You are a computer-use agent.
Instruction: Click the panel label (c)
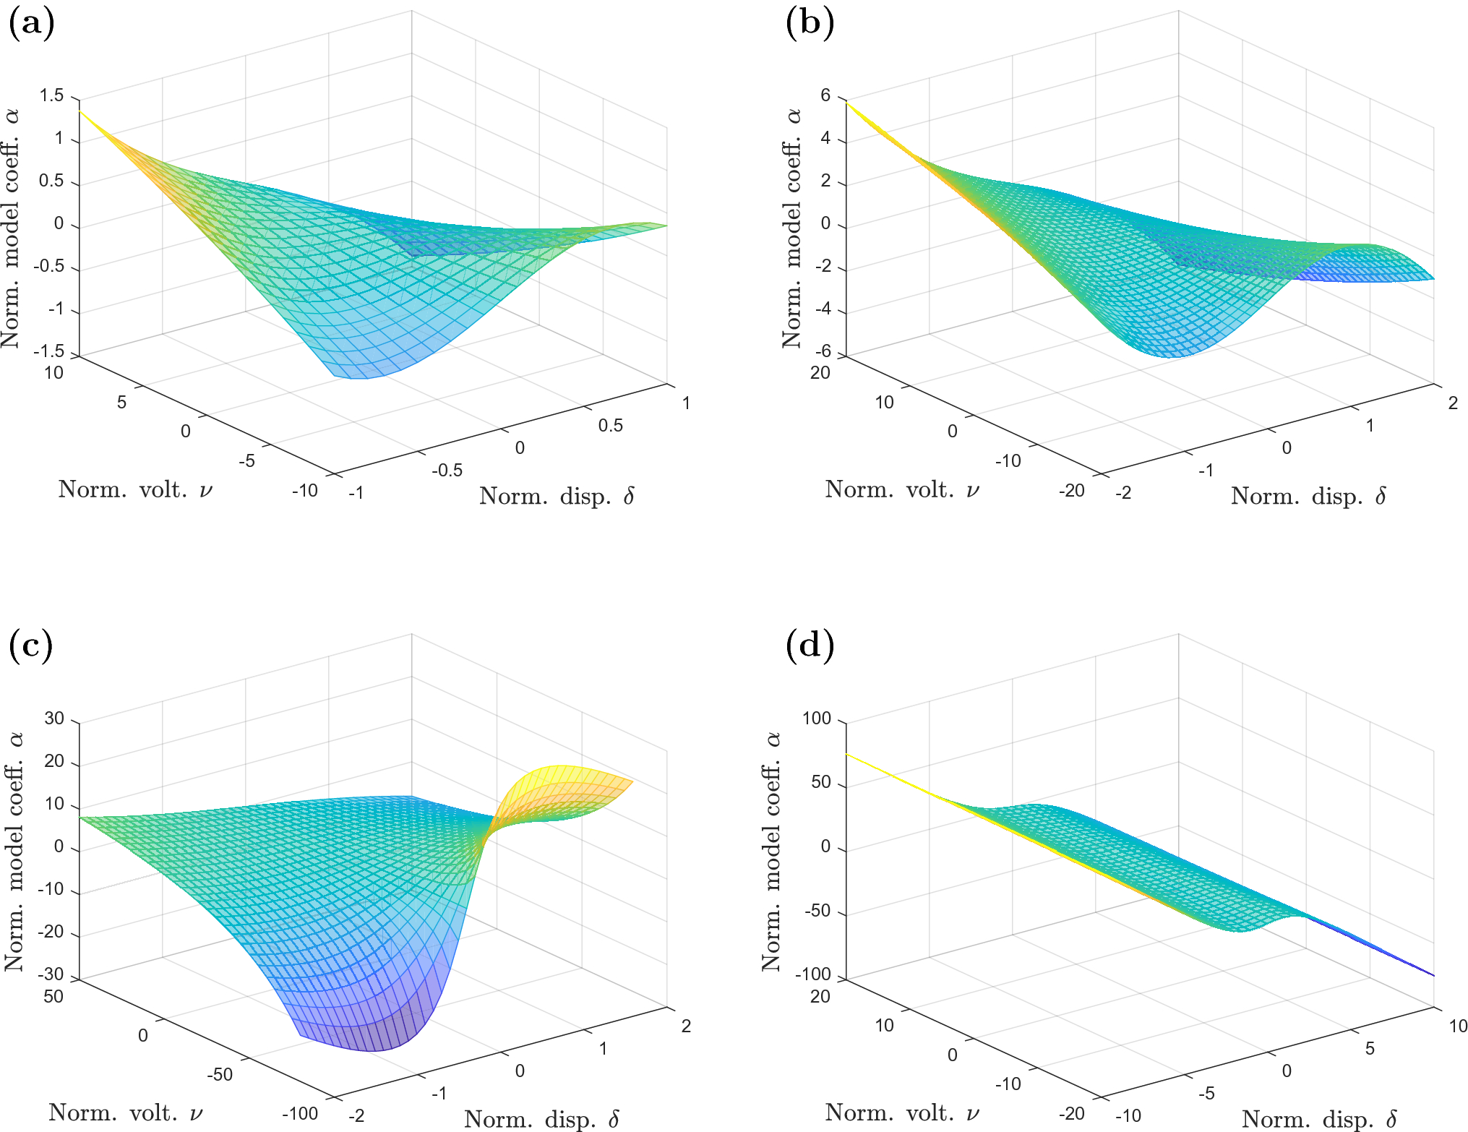31,646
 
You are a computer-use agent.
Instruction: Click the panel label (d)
810,646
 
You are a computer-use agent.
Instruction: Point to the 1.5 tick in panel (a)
51,96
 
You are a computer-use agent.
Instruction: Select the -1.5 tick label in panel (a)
48,352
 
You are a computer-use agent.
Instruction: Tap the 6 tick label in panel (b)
825,96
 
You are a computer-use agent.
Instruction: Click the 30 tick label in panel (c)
54,719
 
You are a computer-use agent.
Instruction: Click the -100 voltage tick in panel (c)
300,1113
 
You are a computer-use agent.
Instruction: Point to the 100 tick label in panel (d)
817,719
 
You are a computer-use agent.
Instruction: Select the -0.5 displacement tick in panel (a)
447,470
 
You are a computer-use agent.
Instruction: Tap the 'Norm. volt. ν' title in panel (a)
136,490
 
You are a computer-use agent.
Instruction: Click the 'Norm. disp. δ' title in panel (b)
1308,497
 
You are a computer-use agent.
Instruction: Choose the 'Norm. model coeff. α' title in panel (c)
14,852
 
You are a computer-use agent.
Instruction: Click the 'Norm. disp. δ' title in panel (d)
1319,1120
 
